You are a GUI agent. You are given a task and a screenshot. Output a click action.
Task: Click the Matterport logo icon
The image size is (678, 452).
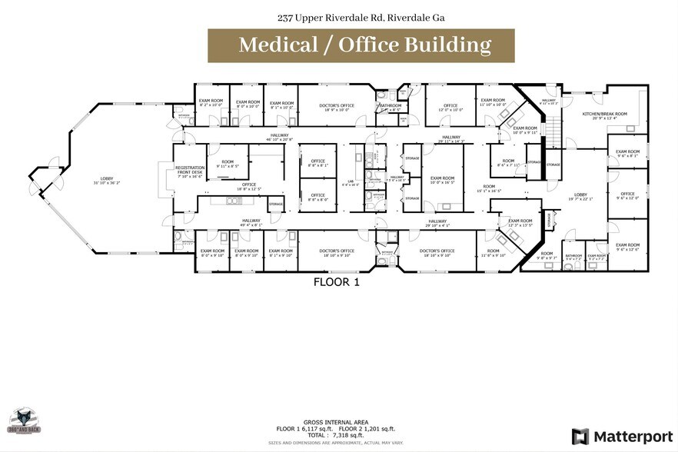580,437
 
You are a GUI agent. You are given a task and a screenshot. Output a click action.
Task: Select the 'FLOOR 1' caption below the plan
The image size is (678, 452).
336,282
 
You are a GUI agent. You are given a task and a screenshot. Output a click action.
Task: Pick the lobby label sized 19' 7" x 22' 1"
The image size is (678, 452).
580,197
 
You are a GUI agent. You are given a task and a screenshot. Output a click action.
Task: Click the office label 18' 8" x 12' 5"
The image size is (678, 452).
248,186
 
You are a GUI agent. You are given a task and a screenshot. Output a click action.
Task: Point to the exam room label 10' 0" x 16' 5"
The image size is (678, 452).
443,179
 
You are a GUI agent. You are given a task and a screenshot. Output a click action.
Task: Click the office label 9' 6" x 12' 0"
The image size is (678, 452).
627,195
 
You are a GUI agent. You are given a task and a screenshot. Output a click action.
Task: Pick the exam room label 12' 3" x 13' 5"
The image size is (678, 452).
520,223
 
